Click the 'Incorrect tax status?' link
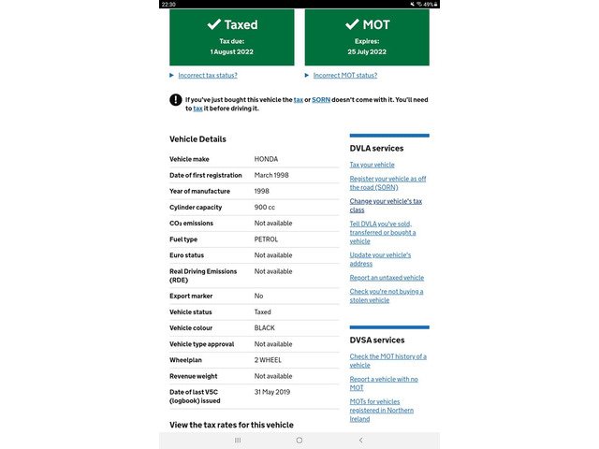(x=208, y=76)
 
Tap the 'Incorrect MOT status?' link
(x=344, y=76)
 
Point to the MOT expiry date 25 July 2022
(x=367, y=51)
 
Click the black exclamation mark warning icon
(x=175, y=99)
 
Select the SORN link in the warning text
(x=321, y=99)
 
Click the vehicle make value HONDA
(x=266, y=159)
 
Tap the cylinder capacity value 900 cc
(x=265, y=207)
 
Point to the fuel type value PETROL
(x=266, y=239)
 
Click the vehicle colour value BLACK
(x=265, y=328)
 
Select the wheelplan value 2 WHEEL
(x=269, y=360)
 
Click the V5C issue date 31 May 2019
(x=273, y=391)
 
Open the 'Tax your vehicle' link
(x=373, y=165)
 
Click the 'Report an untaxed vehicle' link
(x=387, y=278)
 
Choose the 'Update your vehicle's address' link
(x=380, y=259)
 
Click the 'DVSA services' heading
(x=377, y=340)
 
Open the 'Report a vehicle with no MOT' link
(x=384, y=383)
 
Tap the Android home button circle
(x=299, y=440)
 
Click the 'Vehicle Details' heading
(x=197, y=139)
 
